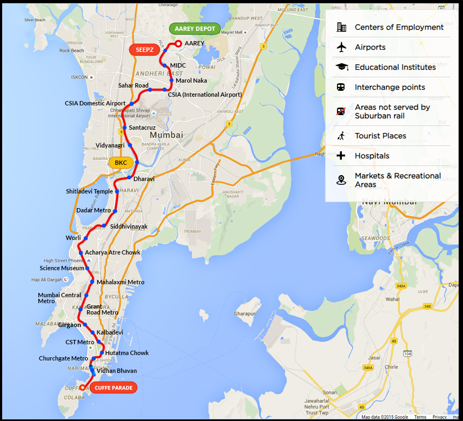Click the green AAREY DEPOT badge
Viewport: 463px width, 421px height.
(x=195, y=29)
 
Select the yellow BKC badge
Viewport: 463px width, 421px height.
(x=121, y=162)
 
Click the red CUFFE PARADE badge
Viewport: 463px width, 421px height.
(x=113, y=387)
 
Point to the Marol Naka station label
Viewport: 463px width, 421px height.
(x=191, y=81)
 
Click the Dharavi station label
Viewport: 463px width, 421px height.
(x=144, y=178)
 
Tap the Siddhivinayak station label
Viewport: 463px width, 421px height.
(x=129, y=227)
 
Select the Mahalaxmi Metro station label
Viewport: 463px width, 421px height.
(x=121, y=282)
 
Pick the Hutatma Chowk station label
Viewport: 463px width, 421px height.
(x=127, y=353)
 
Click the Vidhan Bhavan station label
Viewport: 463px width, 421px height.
(x=117, y=371)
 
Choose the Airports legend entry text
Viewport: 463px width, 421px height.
(x=370, y=47)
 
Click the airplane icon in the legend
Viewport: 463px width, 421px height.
(x=341, y=47)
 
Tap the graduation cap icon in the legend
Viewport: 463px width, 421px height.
(x=341, y=67)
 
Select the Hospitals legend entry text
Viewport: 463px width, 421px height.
(x=372, y=156)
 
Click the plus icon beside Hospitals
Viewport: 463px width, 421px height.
(x=341, y=156)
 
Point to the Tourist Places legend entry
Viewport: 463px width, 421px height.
(x=380, y=136)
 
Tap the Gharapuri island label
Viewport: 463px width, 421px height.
(x=245, y=313)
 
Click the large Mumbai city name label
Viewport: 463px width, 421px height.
(x=167, y=135)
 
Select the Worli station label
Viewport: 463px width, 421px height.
(x=74, y=238)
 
